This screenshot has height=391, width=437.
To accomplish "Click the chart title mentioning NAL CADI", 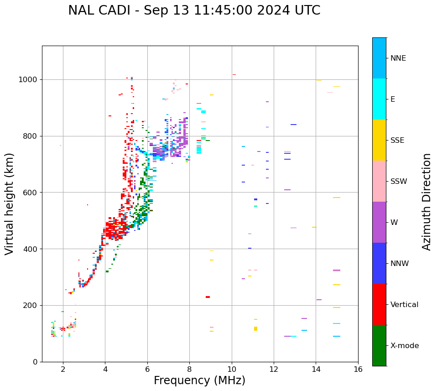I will (x=194, y=10).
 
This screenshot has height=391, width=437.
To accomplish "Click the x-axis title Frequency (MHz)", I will (x=199, y=381).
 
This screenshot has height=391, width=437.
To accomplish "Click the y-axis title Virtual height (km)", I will (x=10, y=203).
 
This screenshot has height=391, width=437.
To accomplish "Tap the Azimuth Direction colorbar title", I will (x=427, y=202).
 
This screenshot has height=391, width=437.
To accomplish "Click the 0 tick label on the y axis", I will (x=35, y=362).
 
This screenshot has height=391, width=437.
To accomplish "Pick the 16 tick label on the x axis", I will (x=358, y=369).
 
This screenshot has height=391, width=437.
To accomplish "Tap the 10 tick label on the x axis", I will (x=231, y=369).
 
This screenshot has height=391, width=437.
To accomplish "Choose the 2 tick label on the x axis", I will (x=63, y=369).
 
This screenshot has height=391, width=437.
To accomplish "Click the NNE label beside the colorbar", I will (x=398, y=58).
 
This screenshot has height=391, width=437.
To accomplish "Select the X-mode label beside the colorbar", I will (x=405, y=346).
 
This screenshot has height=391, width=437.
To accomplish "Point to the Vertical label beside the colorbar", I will (x=404, y=305).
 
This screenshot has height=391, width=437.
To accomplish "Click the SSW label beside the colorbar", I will (x=399, y=182).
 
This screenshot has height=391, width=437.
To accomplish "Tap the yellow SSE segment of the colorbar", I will (x=379, y=140).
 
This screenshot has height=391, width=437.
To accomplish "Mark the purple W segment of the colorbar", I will (x=379, y=222).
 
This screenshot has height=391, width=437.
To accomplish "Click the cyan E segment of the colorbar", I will (x=379, y=99).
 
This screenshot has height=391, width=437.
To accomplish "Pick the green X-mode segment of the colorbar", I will (x=379, y=345).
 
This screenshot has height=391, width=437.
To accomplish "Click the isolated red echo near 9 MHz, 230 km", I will (x=208, y=297).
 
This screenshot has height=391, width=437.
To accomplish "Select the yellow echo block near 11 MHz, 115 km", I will (x=255, y=328).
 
